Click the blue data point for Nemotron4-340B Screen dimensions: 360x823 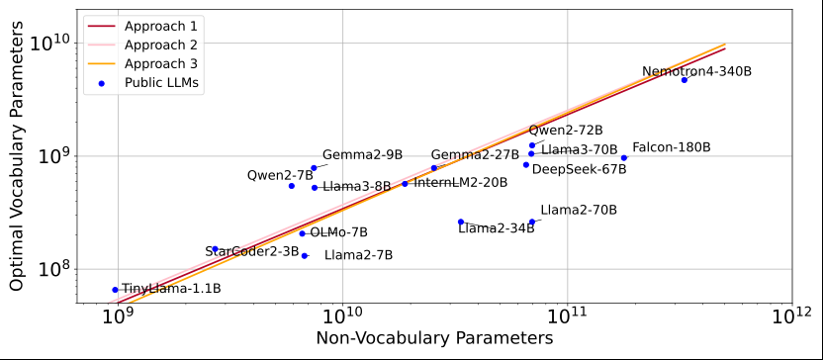coord(684,80)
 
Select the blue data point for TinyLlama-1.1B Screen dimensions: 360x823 coord(115,290)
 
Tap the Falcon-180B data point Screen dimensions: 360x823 coord(623,158)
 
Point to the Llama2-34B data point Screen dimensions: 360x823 coord(461,223)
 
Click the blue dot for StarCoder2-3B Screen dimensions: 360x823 coord(215,249)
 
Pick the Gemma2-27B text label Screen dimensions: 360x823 coord(475,155)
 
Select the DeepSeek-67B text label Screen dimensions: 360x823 coord(579,169)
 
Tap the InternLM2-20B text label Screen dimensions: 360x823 coord(460,183)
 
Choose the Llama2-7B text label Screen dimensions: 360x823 coord(358,255)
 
